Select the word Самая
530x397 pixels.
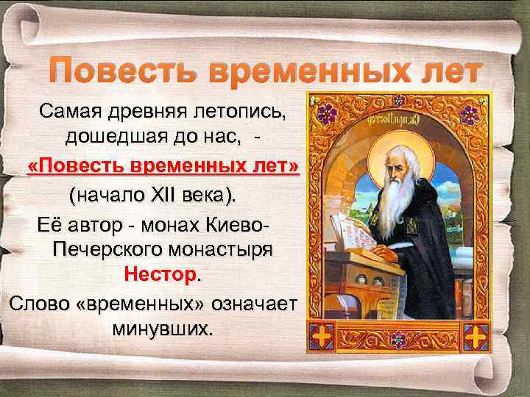(71, 112)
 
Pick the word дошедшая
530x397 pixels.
(110, 137)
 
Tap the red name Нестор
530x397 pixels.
(160, 274)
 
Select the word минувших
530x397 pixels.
(162, 327)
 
